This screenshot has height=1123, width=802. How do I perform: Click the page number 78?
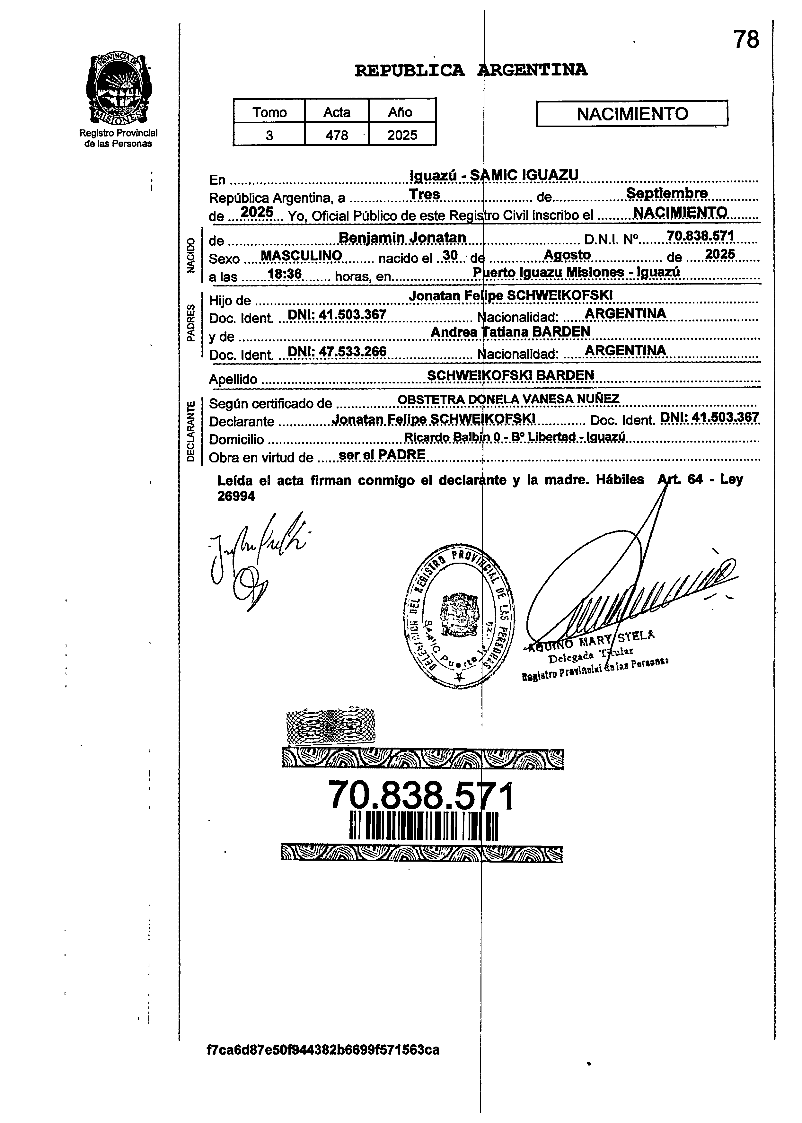pos(746,39)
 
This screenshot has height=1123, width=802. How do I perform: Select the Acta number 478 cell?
pos(337,135)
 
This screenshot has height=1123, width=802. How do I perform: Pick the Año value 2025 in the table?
pos(402,135)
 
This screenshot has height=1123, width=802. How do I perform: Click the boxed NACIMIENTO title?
pos(632,114)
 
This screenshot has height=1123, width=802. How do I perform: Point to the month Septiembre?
pos(667,193)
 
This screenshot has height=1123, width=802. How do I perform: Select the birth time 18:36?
pos(285,274)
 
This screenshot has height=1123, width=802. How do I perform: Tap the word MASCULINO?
pos(301,256)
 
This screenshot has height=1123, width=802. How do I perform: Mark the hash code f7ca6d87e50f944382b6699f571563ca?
pos(323,1049)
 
